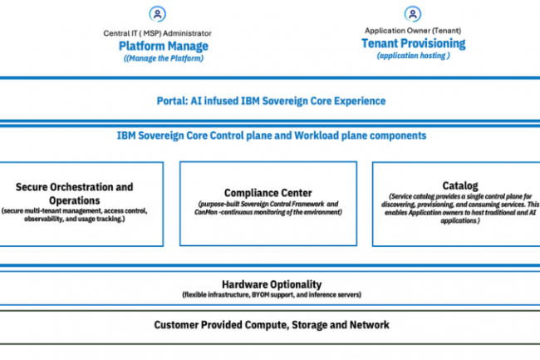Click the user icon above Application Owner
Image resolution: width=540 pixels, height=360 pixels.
[x=413, y=14]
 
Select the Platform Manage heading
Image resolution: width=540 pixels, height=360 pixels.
[x=163, y=46]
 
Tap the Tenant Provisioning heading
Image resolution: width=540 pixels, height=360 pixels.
[x=413, y=43]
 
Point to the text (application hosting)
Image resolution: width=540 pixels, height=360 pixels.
[x=413, y=56]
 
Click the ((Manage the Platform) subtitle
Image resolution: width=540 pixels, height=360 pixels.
[x=163, y=58]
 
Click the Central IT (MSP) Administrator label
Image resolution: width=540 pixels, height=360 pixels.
[x=163, y=32]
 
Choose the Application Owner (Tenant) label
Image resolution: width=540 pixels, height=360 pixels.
[x=413, y=30]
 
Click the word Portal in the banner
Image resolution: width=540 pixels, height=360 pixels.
[x=172, y=101]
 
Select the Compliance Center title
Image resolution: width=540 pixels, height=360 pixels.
[x=268, y=193]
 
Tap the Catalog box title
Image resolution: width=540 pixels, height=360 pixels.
[x=459, y=185]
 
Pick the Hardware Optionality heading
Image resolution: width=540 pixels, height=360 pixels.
[x=271, y=284]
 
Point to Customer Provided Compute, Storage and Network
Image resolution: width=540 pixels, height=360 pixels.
[x=271, y=324]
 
